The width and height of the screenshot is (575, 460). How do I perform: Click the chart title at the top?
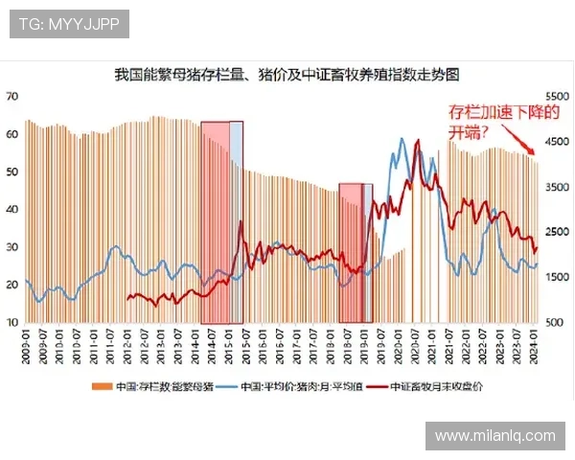click(x=287, y=74)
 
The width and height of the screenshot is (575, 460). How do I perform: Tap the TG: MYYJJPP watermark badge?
click(x=68, y=24)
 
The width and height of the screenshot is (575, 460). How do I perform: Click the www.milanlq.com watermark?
click(x=494, y=435)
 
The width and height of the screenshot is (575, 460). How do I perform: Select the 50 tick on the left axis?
click(x=12, y=172)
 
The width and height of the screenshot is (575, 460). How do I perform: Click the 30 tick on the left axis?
click(x=12, y=247)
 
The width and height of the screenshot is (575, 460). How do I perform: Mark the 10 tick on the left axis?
click(x=12, y=323)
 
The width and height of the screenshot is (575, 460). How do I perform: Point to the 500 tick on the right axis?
click(x=556, y=323)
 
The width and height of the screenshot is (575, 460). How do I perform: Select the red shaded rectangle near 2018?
click(x=352, y=252)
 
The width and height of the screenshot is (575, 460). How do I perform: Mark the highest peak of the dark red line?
click(x=417, y=141)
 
